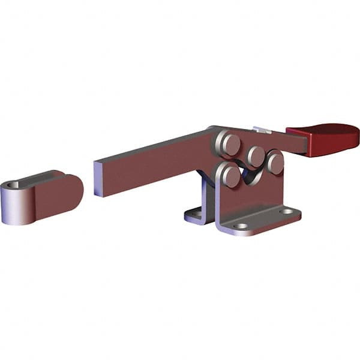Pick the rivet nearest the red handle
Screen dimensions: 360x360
click(275, 162)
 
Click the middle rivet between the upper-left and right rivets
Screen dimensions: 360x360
click(256, 156)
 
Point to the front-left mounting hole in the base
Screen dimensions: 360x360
click(241, 226)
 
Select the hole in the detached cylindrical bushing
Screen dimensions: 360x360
click(12, 185)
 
